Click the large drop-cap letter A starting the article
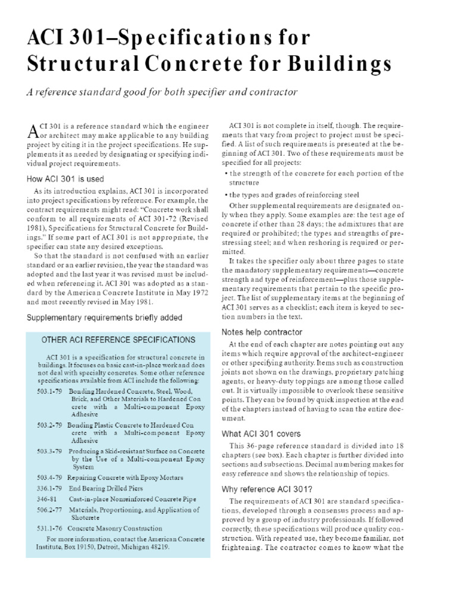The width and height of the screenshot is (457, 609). (x=33, y=133)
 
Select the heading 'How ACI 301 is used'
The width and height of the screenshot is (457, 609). (x=65, y=178)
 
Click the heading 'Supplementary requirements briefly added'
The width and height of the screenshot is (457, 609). (x=104, y=318)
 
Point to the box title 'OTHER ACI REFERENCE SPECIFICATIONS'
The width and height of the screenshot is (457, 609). (x=118, y=340)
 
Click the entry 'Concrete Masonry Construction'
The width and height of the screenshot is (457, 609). (x=114, y=528)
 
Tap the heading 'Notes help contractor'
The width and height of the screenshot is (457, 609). (x=262, y=332)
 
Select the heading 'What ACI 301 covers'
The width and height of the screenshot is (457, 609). (x=261, y=434)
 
